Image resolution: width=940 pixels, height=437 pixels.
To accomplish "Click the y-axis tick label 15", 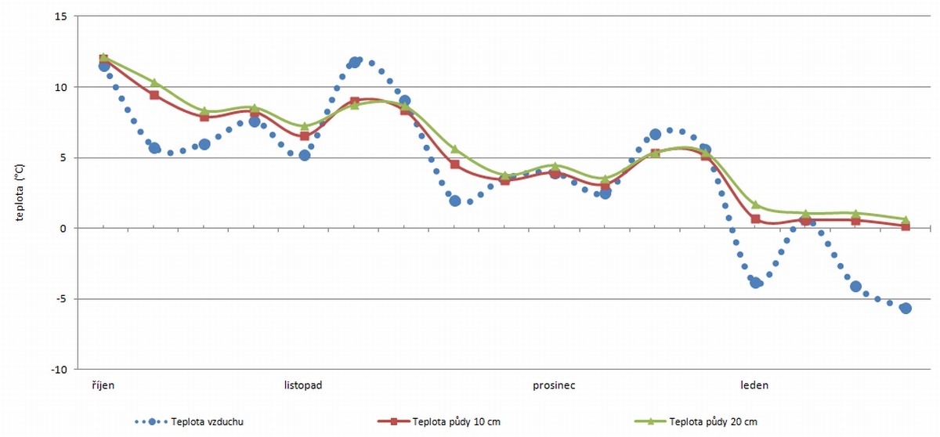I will click(x=60, y=16).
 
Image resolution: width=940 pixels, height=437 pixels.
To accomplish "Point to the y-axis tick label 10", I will click(x=60, y=87).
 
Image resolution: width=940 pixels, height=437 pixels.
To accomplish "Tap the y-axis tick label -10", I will click(x=58, y=369).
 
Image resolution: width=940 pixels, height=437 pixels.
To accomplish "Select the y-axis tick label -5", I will click(x=60, y=298).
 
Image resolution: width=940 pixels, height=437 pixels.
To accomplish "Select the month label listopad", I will click(x=303, y=385).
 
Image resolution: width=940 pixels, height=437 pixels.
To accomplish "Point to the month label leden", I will click(x=754, y=385).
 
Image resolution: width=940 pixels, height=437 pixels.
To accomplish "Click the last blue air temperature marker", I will click(x=906, y=308).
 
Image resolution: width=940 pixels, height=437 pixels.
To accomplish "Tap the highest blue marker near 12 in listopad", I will click(x=355, y=62).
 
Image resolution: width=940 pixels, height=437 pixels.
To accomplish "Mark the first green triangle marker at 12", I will click(x=104, y=57).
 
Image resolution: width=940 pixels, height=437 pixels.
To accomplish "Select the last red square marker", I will click(x=906, y=226).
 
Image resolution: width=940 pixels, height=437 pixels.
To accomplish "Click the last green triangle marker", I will click(x=906, y=219).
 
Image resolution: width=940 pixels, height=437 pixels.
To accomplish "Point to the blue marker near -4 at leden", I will click(x=756, y=282).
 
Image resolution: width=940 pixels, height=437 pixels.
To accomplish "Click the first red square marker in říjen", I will click(x=104, y=60).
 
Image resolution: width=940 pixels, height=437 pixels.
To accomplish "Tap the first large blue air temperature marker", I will click(x=104, y=67).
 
